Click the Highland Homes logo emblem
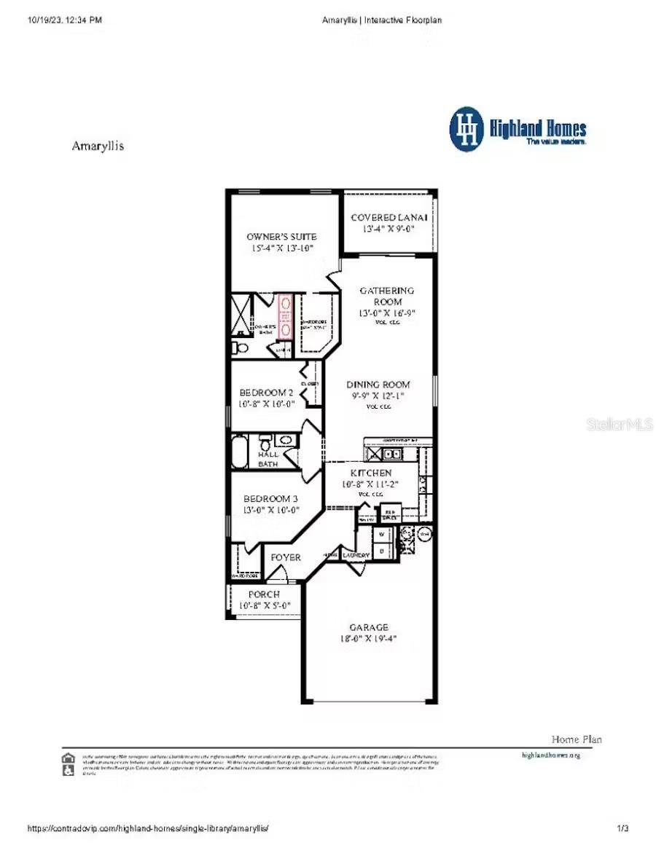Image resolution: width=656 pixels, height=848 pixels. pyautogui.click(x=466, y=130)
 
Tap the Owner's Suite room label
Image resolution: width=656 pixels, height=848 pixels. pyautogui.click(x=281, y=237)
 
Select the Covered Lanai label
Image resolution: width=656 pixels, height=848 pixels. pyautogui.click(x=388, y=218)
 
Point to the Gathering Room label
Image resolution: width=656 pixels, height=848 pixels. pyautogui.click(x=387, y=296)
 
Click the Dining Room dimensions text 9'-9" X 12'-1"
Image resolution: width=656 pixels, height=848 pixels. pyautogui.click(x=378, y=396)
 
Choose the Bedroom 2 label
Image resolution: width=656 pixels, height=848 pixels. pyautogui.click(x=266, y=393)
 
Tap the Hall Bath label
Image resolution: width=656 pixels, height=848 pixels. pyautogui.click(x=268, y=459)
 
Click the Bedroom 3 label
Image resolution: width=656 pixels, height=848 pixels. pyautogui.click(x=270, y=499)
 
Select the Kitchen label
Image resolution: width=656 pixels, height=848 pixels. pyautogui.click(x=371, y=474)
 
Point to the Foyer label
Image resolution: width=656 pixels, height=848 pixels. pyautogui.click(x=286, y=558)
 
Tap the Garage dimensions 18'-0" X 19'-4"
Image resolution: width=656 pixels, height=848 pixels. pyautogui.click(x=367, y=639)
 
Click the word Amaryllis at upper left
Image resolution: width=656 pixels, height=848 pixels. pyautogui.click(x=98, y=146)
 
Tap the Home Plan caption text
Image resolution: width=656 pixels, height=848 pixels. pyautogui.click(x=577, y=739)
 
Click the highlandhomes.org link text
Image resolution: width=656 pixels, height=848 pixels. pyautogui.click(x=551, y=755)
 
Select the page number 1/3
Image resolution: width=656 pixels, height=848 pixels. pyautogui.click(x=622, y=828)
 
